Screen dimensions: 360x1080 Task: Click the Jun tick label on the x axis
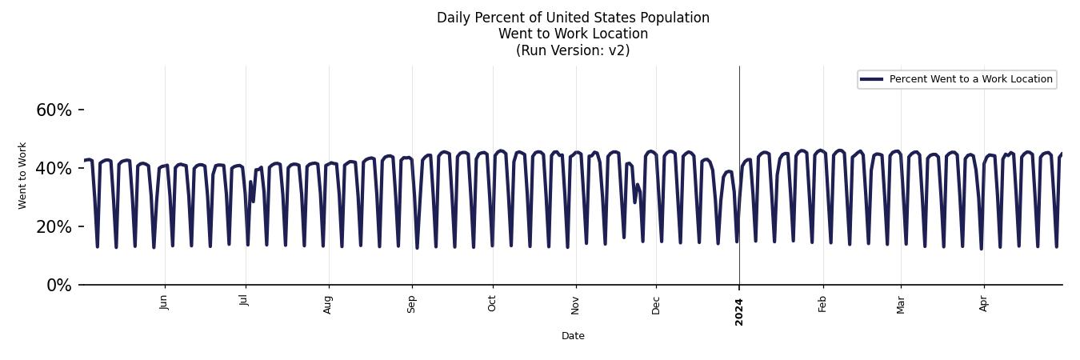click(164, 302)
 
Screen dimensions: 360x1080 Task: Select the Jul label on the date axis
click(245, 300)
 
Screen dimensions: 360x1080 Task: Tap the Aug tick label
click(328, 304)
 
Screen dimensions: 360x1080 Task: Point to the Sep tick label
click(412, 304)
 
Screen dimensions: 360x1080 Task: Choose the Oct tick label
click(492, 303)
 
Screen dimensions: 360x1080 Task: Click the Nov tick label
click(575, 304)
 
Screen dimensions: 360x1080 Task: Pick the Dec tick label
click(656, 304)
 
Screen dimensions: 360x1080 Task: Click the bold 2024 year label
click(739, 311)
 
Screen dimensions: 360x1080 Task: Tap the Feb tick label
click(822, 303)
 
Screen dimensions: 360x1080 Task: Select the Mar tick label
click(901, 304)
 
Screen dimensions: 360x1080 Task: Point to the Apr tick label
click(984, 303)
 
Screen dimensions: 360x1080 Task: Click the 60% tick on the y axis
click(54, 110)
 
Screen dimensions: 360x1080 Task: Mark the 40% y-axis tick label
click(54, 169)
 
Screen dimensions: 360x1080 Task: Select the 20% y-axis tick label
click(54, 227)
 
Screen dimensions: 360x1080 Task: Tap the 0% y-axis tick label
click(58, 286)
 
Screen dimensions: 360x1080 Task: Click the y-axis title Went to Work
click(22, 175)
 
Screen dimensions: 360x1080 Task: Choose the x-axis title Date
click(573, 336)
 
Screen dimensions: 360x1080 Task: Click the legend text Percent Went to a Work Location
click(970, 79)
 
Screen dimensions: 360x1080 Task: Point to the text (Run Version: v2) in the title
click(573, 50)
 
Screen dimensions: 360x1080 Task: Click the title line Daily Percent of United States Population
click(573, 18)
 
